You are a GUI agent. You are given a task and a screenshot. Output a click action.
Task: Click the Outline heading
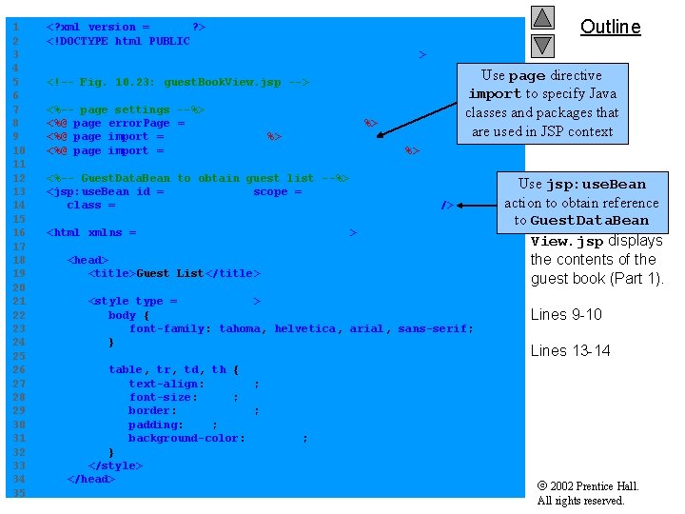610,27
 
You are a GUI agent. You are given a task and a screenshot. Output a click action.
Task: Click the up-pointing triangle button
542,17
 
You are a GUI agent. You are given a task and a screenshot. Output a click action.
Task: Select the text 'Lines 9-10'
566,315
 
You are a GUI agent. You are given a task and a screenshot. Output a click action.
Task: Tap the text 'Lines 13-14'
570,350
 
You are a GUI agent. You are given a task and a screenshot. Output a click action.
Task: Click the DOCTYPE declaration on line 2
118,41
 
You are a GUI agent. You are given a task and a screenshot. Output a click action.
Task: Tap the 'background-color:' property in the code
187,438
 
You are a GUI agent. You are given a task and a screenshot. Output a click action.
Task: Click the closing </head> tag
91,479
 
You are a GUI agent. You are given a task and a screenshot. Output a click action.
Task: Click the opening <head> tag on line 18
88,260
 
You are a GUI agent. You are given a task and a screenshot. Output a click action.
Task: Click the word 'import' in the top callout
495,94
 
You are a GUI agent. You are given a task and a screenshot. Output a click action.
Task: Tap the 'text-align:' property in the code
166,384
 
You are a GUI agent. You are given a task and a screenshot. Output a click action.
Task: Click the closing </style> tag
115,465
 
